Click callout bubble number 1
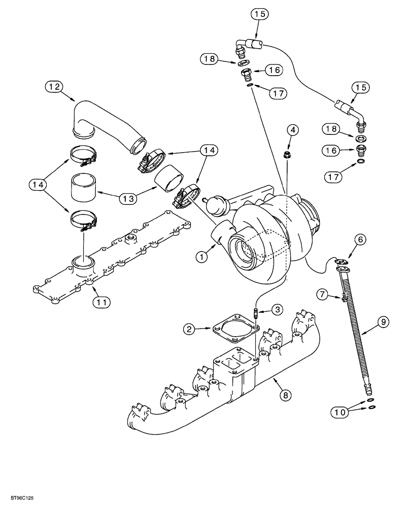[203, 257]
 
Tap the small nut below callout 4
[287, 154]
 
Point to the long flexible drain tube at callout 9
[355, 330]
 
